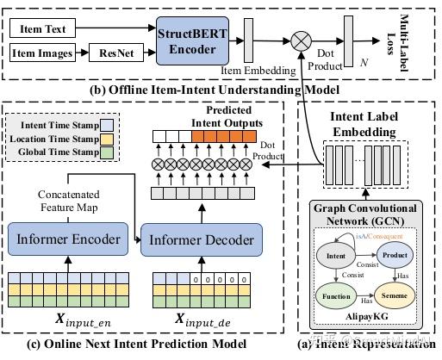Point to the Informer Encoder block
pos(68,235)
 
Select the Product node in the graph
pos(394,255)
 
